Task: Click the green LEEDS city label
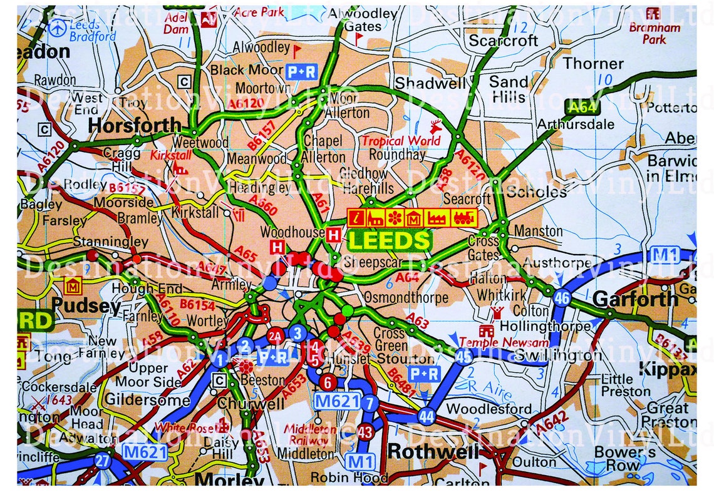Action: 389,241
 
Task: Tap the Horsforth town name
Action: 135,126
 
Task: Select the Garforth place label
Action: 635,299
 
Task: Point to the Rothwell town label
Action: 433,451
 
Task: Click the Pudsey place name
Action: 86,305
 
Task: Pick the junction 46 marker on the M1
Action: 562,299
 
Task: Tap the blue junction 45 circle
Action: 463,357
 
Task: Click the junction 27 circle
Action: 103,461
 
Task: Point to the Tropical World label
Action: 401,141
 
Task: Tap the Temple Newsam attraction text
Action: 504,342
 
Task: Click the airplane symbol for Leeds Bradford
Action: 58,28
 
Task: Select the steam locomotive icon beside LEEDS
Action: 464,218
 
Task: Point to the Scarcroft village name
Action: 504,41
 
